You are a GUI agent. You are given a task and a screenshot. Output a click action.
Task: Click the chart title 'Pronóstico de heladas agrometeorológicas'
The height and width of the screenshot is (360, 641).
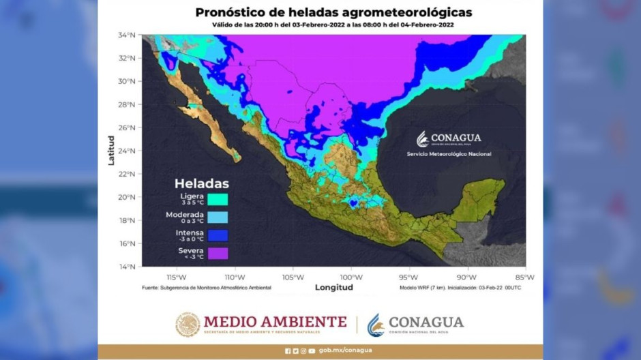(333, 12)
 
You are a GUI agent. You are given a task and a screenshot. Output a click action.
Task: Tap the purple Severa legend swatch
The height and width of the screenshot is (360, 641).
(218, 254)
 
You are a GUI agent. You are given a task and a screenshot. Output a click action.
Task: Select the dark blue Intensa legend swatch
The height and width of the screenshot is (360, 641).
(218, 236)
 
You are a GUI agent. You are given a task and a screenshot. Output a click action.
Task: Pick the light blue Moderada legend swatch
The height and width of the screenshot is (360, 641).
(218, 218)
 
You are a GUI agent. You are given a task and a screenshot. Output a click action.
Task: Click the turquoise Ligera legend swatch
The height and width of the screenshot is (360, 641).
(218, 200)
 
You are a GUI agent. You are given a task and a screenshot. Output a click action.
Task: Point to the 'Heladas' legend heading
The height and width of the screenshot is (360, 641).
(201, 183)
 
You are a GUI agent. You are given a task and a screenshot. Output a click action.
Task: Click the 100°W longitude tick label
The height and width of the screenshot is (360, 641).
(351, 277)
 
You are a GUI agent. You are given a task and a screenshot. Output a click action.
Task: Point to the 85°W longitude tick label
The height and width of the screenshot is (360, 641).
(524, 277)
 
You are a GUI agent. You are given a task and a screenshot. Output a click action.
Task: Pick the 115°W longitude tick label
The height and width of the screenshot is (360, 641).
(177, 277)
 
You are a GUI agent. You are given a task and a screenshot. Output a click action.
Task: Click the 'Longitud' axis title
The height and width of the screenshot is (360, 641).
(333, 288)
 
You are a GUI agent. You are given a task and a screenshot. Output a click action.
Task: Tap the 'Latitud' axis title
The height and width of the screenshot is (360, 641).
(111, 151)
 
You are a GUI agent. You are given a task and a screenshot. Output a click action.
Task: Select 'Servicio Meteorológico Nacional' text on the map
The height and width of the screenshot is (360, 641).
(449, 154)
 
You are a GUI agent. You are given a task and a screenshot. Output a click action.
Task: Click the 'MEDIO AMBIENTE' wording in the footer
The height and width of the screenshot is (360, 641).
(275, 322)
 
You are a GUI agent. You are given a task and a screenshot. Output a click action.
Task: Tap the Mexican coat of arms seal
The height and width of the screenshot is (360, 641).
(188, 325)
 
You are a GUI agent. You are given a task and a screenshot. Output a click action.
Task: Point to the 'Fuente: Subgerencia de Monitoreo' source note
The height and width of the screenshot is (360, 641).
(206, 288)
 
